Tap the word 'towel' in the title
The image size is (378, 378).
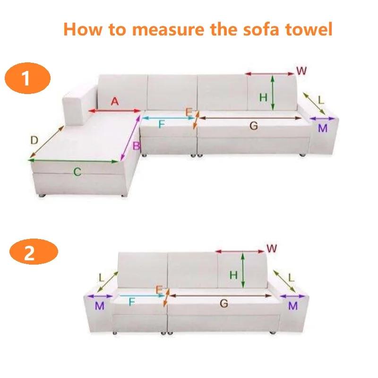[309, 29]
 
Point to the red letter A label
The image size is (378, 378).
[114, 101]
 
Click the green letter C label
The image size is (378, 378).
[77, 172]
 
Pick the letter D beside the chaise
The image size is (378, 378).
[34, 140]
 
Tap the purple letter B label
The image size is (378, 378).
[135, 146]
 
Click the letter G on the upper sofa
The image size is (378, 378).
[253, 126]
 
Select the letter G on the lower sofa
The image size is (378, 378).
[223, 304]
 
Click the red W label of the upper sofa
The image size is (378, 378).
[301, 71]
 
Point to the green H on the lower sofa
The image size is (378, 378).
[233, 275]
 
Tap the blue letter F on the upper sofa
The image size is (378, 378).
[161, 125]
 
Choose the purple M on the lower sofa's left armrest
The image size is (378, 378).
[99, 306]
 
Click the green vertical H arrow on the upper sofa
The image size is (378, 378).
[273, 93]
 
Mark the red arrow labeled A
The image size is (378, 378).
[115, 112]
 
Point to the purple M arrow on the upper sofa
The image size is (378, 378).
[322, 119]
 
